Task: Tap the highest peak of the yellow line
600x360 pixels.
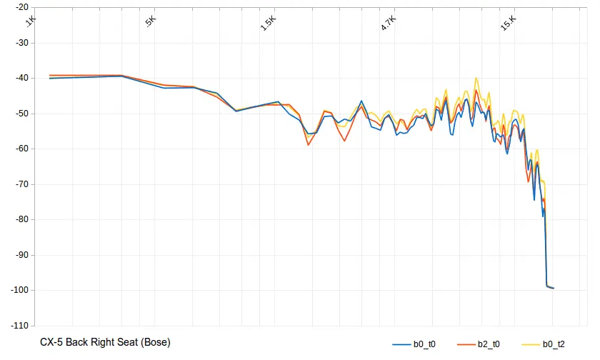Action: pyautogui.click(x=476, y=79)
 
